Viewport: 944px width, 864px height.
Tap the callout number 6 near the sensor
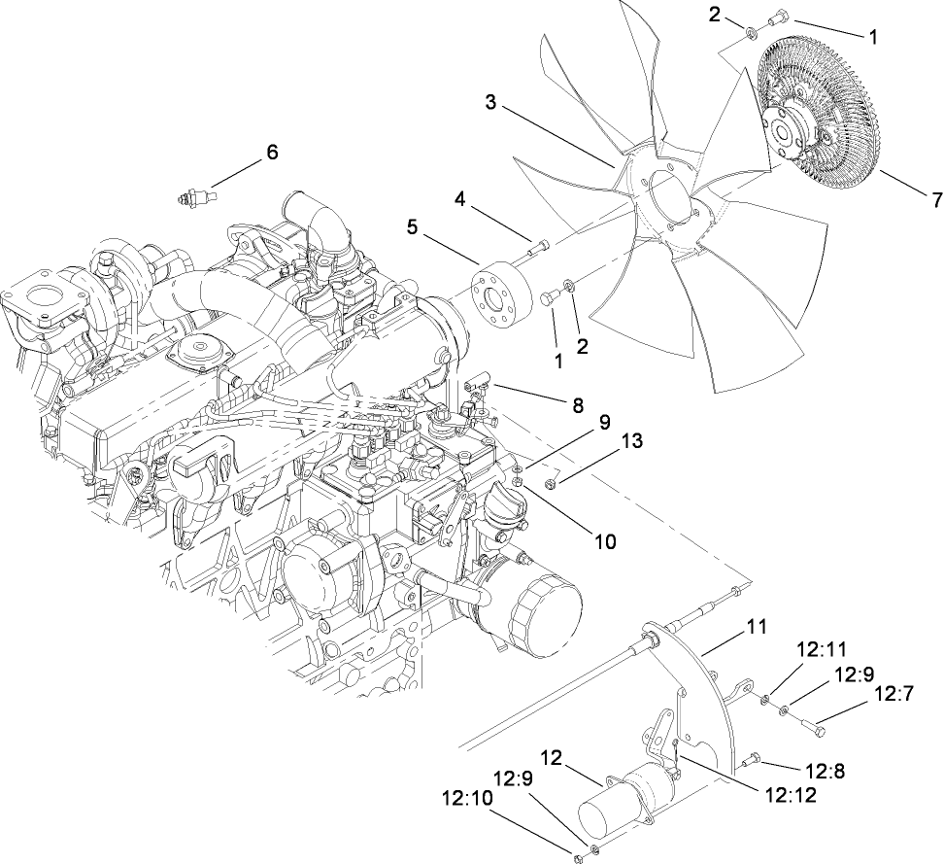[x=272, y=152]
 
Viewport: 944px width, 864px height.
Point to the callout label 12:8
[x=826, y=771]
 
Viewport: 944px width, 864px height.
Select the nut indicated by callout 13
[x=550, y=483]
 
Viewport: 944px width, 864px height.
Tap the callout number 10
[x=604, y=541]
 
